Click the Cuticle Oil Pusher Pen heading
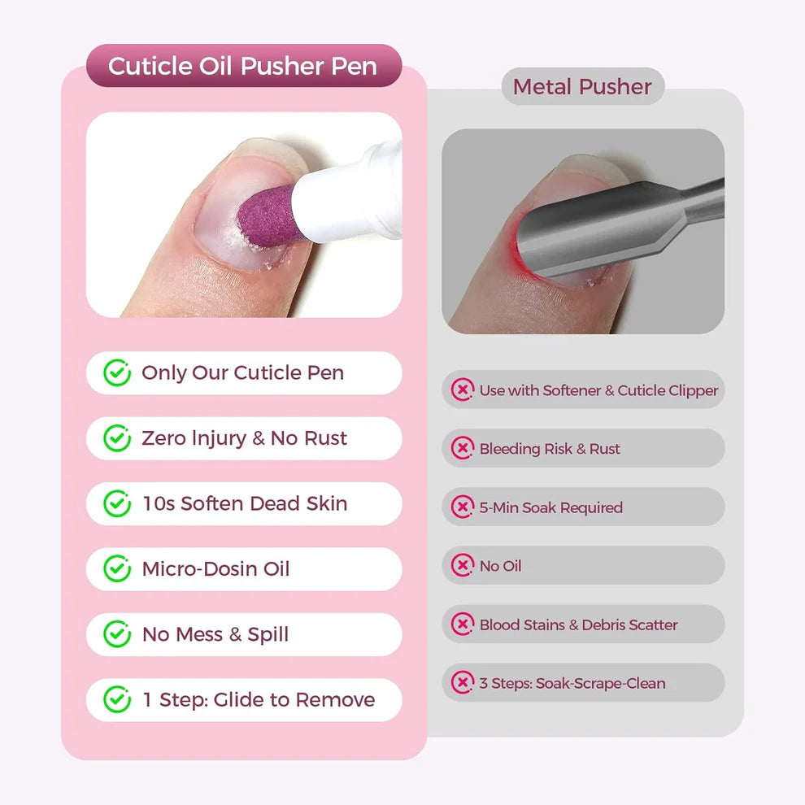[243, 66]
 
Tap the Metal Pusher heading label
[582, 86]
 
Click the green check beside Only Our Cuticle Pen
[117, 373]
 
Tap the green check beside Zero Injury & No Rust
[117, 438]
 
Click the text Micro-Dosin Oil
[215, 568]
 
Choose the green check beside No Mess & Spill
[117, 634]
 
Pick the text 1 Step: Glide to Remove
[259, 699]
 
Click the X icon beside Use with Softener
[463, 390]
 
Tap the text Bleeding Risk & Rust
[550, 449]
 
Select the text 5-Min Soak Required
[550, 507]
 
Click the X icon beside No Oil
[463, 566]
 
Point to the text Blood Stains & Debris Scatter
[578, 624]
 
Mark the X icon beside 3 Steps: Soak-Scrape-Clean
[463, 683]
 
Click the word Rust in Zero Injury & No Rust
[325, 438]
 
